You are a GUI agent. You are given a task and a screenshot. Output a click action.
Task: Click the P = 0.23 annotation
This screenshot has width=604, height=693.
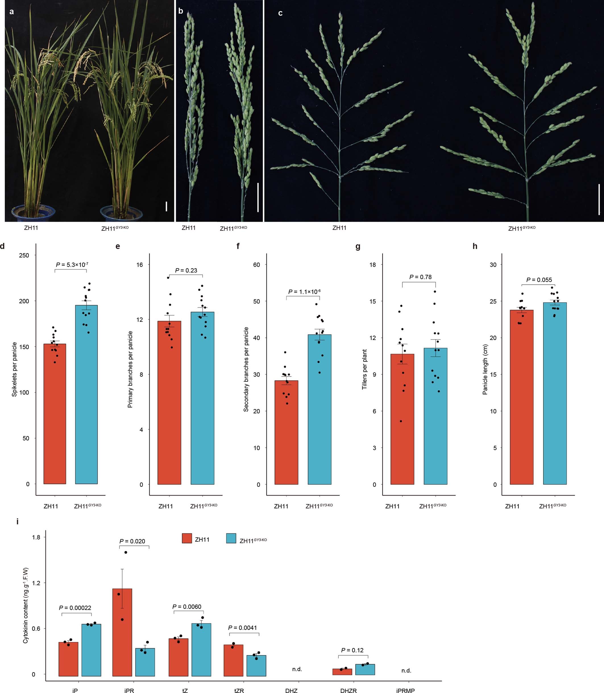pyautogui.click(x=186, y=270)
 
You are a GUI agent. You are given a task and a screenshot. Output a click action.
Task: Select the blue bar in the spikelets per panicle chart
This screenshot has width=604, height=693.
pyautogui.click(x=86, y=395)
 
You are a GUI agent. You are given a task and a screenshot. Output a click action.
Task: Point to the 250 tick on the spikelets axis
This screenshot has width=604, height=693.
pyautogui.click(x=24, y=255)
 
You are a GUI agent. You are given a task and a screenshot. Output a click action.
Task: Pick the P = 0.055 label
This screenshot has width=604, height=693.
pyautogui.click(x=539, y=280)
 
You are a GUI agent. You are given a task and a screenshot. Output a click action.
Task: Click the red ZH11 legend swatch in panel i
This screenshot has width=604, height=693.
pyautogui.click(x=187, y=538)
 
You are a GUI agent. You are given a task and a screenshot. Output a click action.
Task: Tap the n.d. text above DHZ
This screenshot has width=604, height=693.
pyautogui.click(x=297, y=669)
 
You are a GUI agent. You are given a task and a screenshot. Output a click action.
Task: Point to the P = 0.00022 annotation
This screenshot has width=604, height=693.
pyautogui.click(x=75, y=608)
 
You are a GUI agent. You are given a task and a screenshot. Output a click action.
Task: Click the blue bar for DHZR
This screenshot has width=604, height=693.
pyautogui.click(x=365, y=669)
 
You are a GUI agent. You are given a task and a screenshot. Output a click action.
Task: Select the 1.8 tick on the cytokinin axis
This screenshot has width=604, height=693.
pyautogui.click(x=36, y=537)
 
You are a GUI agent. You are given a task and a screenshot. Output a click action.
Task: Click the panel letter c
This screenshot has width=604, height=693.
pyautogui.click(x=280, y=13)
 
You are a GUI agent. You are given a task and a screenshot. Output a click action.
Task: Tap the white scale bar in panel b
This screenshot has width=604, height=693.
pyautogui.click(x=258, y=197)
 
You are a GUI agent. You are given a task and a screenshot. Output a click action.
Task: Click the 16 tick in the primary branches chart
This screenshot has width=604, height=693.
pyautogui.click(x=140, y=265)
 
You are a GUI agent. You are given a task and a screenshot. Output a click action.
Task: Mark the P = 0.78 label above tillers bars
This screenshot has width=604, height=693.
pyautogui.click(x=420, y=277)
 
